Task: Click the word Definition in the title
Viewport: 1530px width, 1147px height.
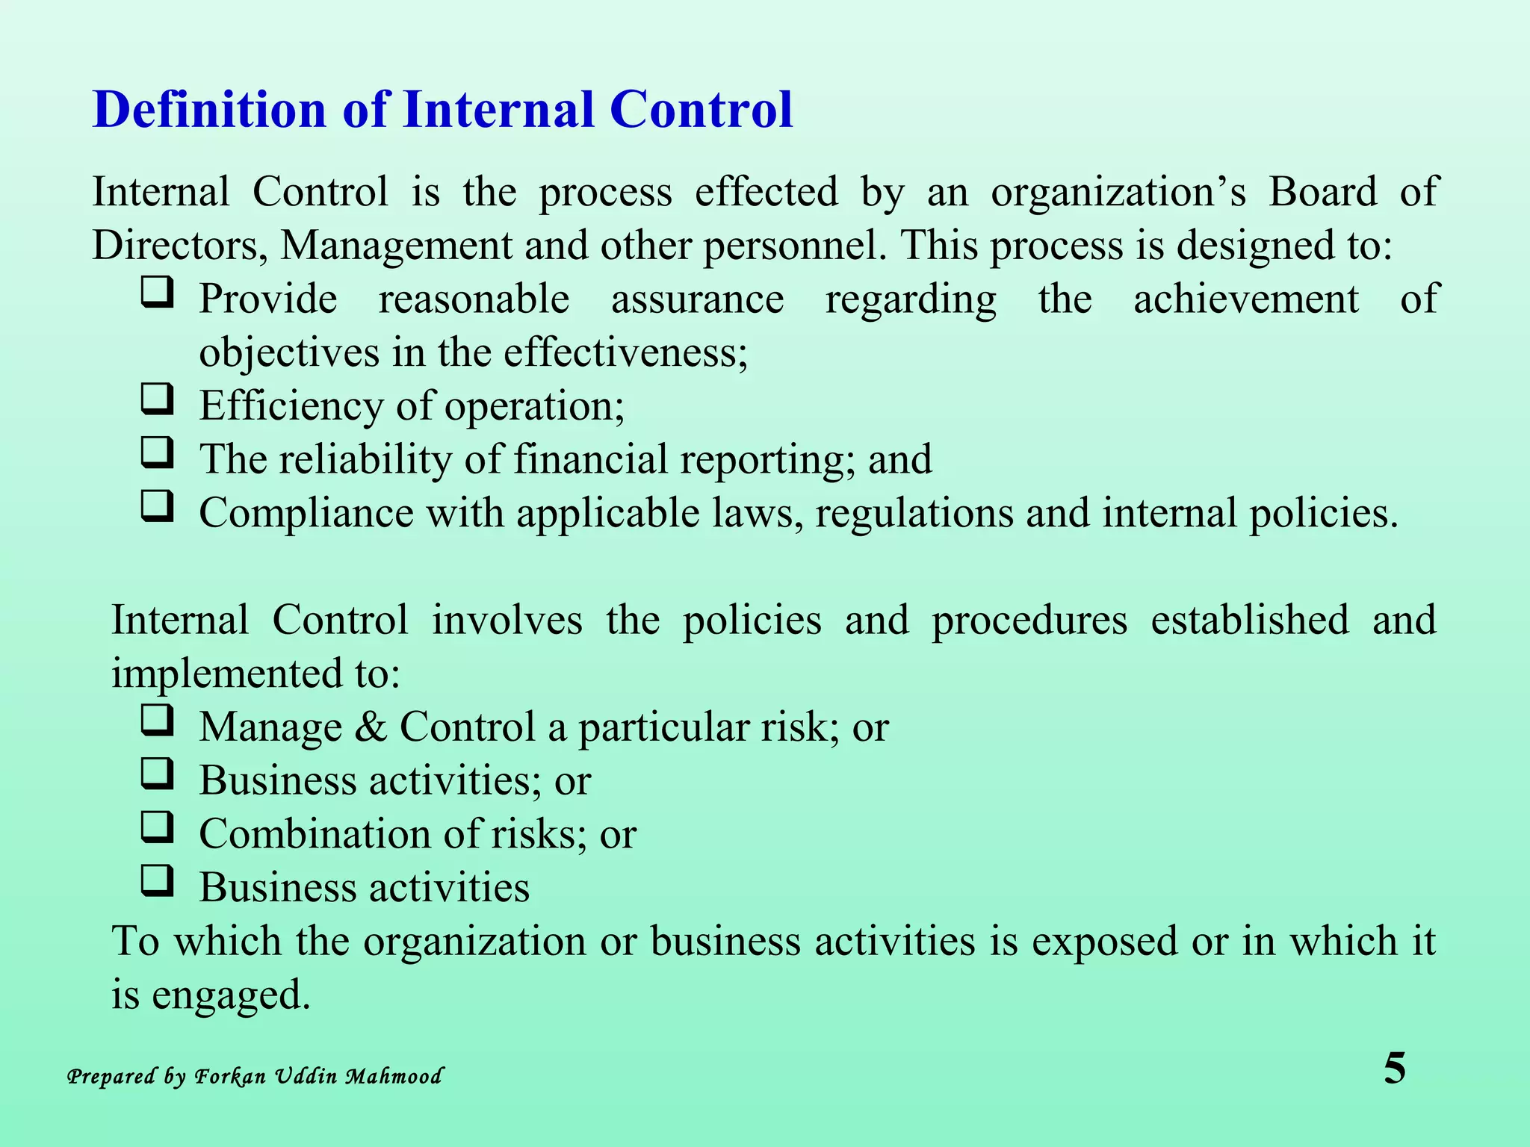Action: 210,110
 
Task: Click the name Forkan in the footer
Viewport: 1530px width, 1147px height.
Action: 230,1076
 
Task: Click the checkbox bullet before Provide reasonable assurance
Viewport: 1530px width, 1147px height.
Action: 157,293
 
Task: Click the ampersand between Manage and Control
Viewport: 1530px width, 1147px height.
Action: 371,727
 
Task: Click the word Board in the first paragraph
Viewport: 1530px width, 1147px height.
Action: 1323,192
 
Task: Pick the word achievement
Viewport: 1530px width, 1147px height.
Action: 1245,299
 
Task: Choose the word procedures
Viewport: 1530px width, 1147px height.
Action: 1029,621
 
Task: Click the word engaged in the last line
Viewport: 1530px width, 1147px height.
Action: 231,995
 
